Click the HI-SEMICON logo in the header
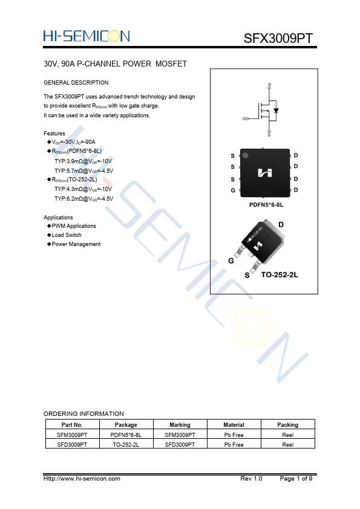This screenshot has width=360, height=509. point(87,36)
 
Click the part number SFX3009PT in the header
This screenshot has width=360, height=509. point(278,38)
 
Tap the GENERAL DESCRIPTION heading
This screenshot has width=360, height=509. point(76,82)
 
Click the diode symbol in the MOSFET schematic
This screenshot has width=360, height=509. point(276,111)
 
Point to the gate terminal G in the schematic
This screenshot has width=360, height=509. point(244,119)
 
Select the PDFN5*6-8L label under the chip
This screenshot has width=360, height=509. point(266,205)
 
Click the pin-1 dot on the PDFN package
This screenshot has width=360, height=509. point(246,155)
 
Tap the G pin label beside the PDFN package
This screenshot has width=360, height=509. point(232,190)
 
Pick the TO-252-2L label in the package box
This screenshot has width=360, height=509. point(280,275)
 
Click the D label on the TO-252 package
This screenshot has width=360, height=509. point(281,225)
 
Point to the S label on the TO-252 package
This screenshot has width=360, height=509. point(247,276)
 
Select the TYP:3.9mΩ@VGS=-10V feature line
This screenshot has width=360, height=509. point(83,161)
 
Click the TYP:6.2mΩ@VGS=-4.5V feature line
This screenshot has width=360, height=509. point(84,199)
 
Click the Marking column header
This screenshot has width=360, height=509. point(180,424)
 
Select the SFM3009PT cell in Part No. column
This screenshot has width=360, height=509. point(72,435)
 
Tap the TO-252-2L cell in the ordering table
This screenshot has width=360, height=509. point(126,445)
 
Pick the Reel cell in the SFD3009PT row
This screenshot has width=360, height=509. point(288,445)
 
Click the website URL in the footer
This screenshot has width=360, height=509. point(82,479)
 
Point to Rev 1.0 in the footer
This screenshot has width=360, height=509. point(251,479)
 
